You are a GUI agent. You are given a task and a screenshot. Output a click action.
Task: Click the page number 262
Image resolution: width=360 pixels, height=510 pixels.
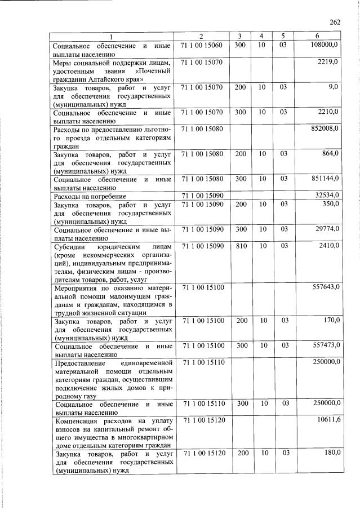[336, 23]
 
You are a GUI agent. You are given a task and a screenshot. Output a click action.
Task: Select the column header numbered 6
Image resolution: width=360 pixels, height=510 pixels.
[318, 37]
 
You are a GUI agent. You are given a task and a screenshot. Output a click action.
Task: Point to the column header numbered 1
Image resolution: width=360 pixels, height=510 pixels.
[112, 37]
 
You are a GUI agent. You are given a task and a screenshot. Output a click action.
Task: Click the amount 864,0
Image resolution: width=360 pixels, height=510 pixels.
[330, 154]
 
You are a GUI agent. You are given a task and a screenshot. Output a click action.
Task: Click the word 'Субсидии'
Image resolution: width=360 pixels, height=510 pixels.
[69, 246]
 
